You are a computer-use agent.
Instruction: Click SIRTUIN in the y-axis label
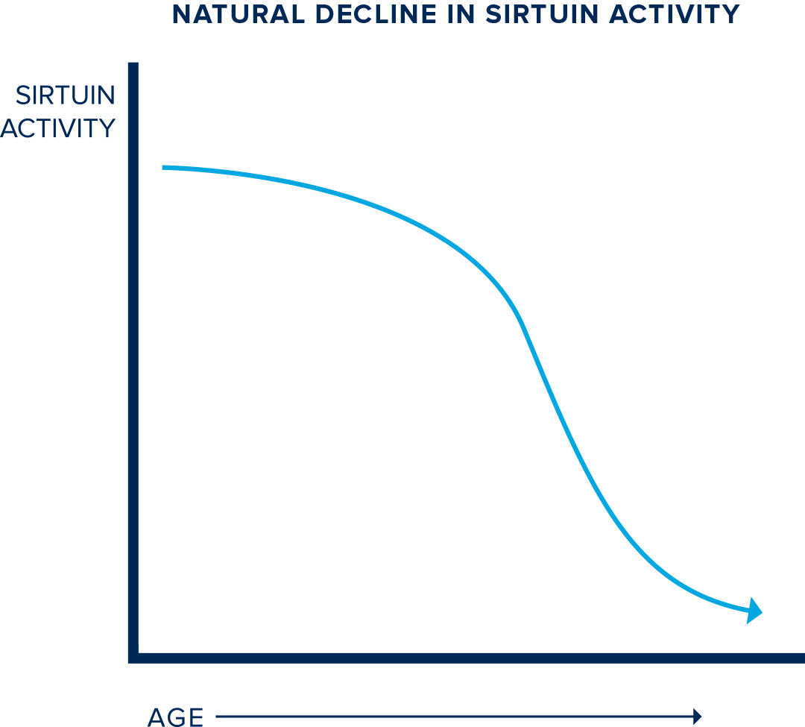click(66, 95)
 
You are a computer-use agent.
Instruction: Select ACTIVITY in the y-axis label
click(58, 128)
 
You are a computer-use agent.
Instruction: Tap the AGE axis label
click(176, 717)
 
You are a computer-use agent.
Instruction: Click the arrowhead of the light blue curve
click(755, 610)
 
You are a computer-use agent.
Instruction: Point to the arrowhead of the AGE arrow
click(698, 717)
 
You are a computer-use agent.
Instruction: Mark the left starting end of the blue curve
click(164, 168)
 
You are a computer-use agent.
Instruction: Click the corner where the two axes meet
click(134, 657)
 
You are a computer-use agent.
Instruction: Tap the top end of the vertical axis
click(133, 65)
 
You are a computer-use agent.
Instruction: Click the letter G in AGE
click(176, 717)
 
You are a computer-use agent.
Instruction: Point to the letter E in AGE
click(195, 717)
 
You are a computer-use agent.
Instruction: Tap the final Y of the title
click(732, 13)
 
